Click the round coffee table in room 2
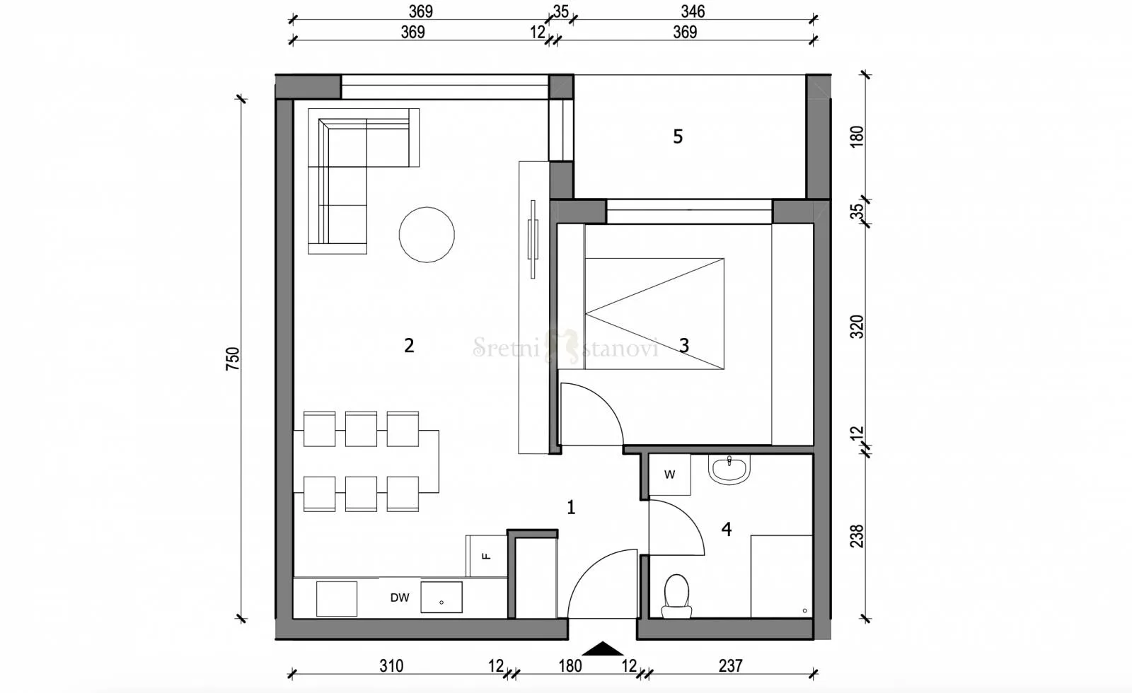coord(427,235)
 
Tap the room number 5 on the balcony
coord(678,136)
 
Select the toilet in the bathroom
coord(676,596)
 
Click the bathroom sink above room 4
coord(729,469)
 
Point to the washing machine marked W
coord(669,474)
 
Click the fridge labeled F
coord(487,556)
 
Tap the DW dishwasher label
coord(400,598)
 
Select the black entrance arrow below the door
coord(602,649)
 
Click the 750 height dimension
coord(233,359)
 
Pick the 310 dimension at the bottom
coord(391,665)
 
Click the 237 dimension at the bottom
coord(730,665)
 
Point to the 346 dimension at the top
coord(693,11)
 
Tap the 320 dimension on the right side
coord(857,327)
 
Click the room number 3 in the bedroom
coord(684,345)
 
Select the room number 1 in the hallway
coord(571,507)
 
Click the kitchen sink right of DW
coord(441,598)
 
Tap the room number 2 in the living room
coord(409,345)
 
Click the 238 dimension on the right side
coord(857,535)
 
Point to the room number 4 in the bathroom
coord(727,529)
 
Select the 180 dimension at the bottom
coord(570,665)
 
